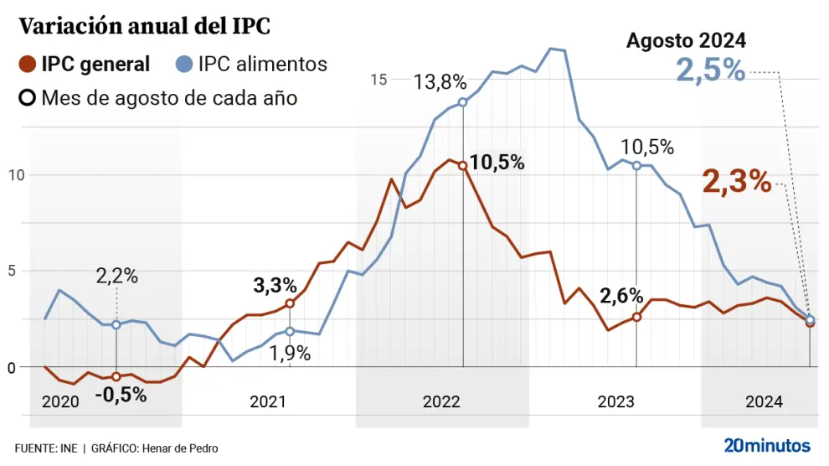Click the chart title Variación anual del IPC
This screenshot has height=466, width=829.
point(145,26)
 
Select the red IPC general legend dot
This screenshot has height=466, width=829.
point(28,64)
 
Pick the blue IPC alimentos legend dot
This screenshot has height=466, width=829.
point(184,64)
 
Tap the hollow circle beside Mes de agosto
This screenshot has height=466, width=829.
point(28,97)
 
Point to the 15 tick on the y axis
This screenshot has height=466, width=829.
point(378,80)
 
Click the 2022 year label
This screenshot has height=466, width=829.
point(441,402)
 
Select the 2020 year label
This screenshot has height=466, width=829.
point(60,402)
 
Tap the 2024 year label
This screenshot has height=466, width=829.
point(764,402)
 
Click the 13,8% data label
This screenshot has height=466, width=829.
point(440,82)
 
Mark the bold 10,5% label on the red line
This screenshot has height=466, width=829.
point(497,163)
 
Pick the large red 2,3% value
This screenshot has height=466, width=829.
point(735,181)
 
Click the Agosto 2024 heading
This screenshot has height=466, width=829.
point(686,40)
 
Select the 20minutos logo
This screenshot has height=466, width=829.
point(767,444)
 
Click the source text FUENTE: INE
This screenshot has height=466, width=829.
point(46,448)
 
